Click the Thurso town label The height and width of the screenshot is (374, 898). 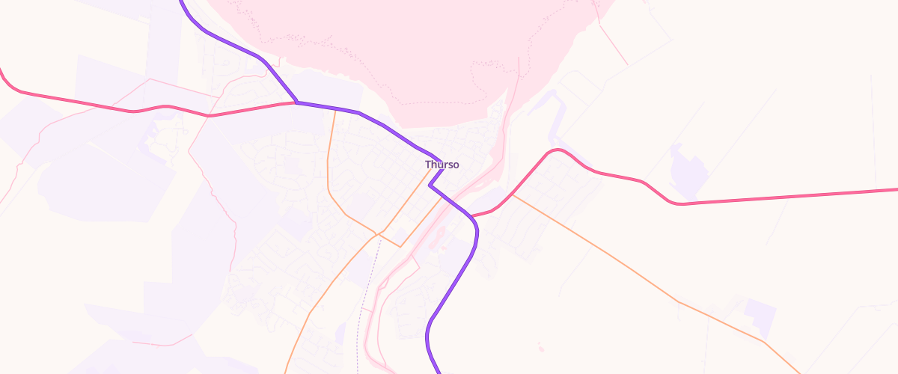coord(442,165)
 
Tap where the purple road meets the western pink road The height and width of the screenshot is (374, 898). coord(297,102)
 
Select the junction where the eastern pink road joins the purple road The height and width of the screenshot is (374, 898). coord(472,217)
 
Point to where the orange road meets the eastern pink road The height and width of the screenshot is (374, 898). coord(513,195)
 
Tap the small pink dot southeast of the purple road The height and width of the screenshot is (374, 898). coord(540,347)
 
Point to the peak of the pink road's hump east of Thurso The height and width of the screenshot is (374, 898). coord(555,150)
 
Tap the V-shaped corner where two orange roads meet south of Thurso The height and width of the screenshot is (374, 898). coord(400,246)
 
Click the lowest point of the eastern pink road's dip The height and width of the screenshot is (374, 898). coord(679,203)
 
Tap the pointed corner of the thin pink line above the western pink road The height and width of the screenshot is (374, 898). coord(150,79)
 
